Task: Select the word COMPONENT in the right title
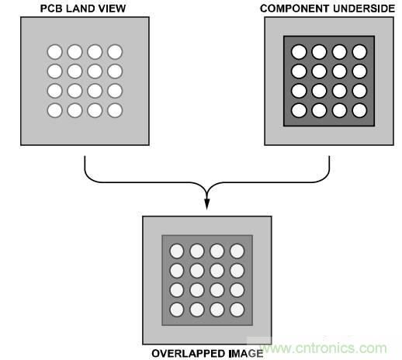295,9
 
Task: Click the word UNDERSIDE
364,9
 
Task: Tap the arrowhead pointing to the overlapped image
207,204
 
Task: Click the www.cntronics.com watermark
324,348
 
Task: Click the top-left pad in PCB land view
55,52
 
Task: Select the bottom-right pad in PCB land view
115,110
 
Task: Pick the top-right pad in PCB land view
115,52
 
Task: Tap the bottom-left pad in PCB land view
55,110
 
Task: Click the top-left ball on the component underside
299,52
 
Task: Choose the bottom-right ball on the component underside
359,110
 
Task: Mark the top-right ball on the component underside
359,52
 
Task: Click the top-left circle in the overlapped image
177,251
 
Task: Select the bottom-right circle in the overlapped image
237,310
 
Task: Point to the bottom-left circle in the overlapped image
177,310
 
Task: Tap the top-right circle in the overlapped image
237,251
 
